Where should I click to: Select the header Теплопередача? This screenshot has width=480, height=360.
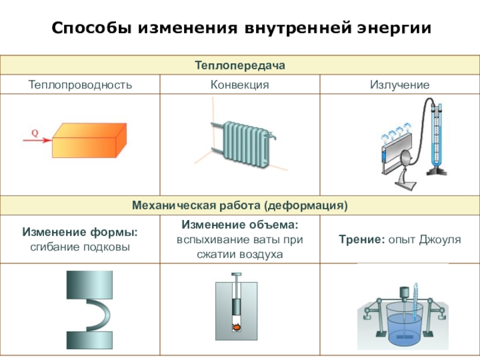tap(239, 65)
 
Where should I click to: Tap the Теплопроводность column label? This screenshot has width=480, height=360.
tap(80, 85)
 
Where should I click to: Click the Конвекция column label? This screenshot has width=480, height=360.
tap(239, 85)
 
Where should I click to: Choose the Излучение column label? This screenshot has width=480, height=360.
tap(400, 85)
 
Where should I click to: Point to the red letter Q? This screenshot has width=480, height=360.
tap(35, 134)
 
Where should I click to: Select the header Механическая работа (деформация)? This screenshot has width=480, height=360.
tap(239, 206)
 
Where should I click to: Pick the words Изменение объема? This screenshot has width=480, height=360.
tap(239, 225)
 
